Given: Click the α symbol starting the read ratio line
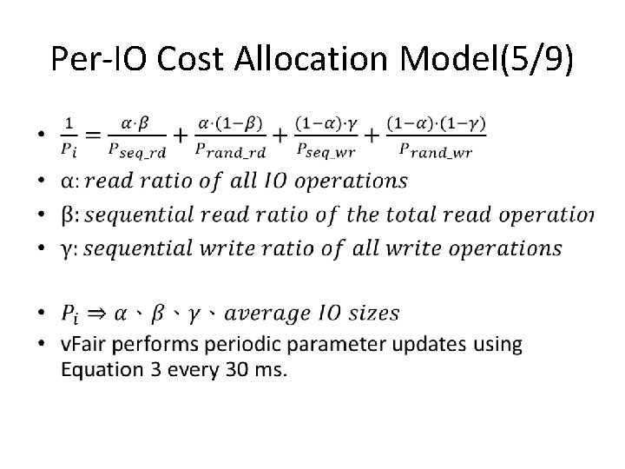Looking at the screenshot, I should (x=68, y=182).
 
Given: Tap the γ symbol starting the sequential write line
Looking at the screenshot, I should (x=67, y=249).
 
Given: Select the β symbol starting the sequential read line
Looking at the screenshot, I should (x=68, y=215).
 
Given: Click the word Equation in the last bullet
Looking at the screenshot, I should (x=101, y=369).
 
